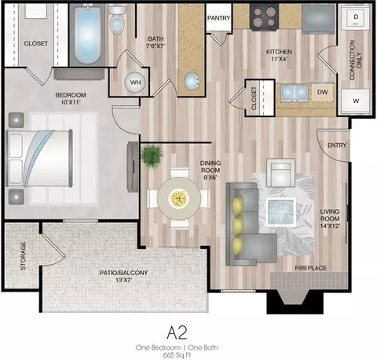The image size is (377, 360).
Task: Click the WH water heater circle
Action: coord(135,83)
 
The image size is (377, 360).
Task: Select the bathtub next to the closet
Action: coord(87,35)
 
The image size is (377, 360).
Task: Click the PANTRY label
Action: coord(218,18)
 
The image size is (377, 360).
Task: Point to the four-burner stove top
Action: coord(264,17)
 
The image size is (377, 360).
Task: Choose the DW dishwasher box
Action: coord(323,92)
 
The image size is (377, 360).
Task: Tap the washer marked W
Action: coord(355,101)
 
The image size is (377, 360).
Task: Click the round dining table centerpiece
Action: coord(179,198)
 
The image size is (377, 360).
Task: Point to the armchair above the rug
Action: coord(280,172)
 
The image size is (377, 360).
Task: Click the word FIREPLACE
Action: coord(311,268)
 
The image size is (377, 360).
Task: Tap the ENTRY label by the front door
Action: coord(337,145)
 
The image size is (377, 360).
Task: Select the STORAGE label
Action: coord(23,255)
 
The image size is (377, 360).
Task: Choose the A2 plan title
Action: coord(177,332)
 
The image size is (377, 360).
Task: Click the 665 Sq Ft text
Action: coord(177,355)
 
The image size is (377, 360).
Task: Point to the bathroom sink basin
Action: coord(192,82)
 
